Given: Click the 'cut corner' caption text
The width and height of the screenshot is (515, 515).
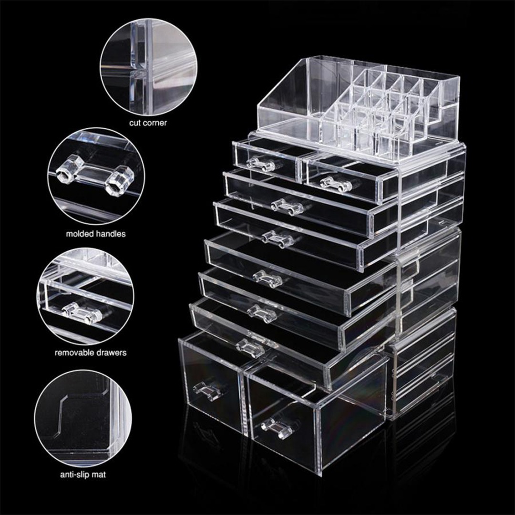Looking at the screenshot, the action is (x=148, y=123).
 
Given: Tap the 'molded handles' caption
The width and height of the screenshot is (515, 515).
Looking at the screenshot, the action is (x=95, y=234).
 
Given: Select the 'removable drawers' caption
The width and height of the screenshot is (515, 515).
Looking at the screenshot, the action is (x=90, y=353).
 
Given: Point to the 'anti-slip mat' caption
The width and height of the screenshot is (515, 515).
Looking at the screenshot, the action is (x=83, y=474).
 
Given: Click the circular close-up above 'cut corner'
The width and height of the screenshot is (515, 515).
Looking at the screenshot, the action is (x=149, y=67).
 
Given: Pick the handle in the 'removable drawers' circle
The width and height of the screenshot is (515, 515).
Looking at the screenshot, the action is (x=82, y=312).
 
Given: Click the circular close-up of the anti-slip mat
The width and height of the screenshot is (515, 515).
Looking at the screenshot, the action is (x=83, y=418).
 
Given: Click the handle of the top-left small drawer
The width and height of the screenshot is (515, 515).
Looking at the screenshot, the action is (x=260, y=164).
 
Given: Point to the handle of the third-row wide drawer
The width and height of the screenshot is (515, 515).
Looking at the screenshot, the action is (x=278, y=238).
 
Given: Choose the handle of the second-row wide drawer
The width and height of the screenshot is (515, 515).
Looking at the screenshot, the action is (x=287, y=206).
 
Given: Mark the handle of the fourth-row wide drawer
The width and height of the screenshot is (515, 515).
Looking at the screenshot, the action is (x=268, y=278).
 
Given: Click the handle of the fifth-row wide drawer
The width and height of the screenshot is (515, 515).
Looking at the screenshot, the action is (x=262, y=313).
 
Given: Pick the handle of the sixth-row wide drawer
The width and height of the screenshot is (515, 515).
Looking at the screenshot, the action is (x=250, y=347).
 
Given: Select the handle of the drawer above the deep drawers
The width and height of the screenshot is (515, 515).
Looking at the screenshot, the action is (x=250, y=347).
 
